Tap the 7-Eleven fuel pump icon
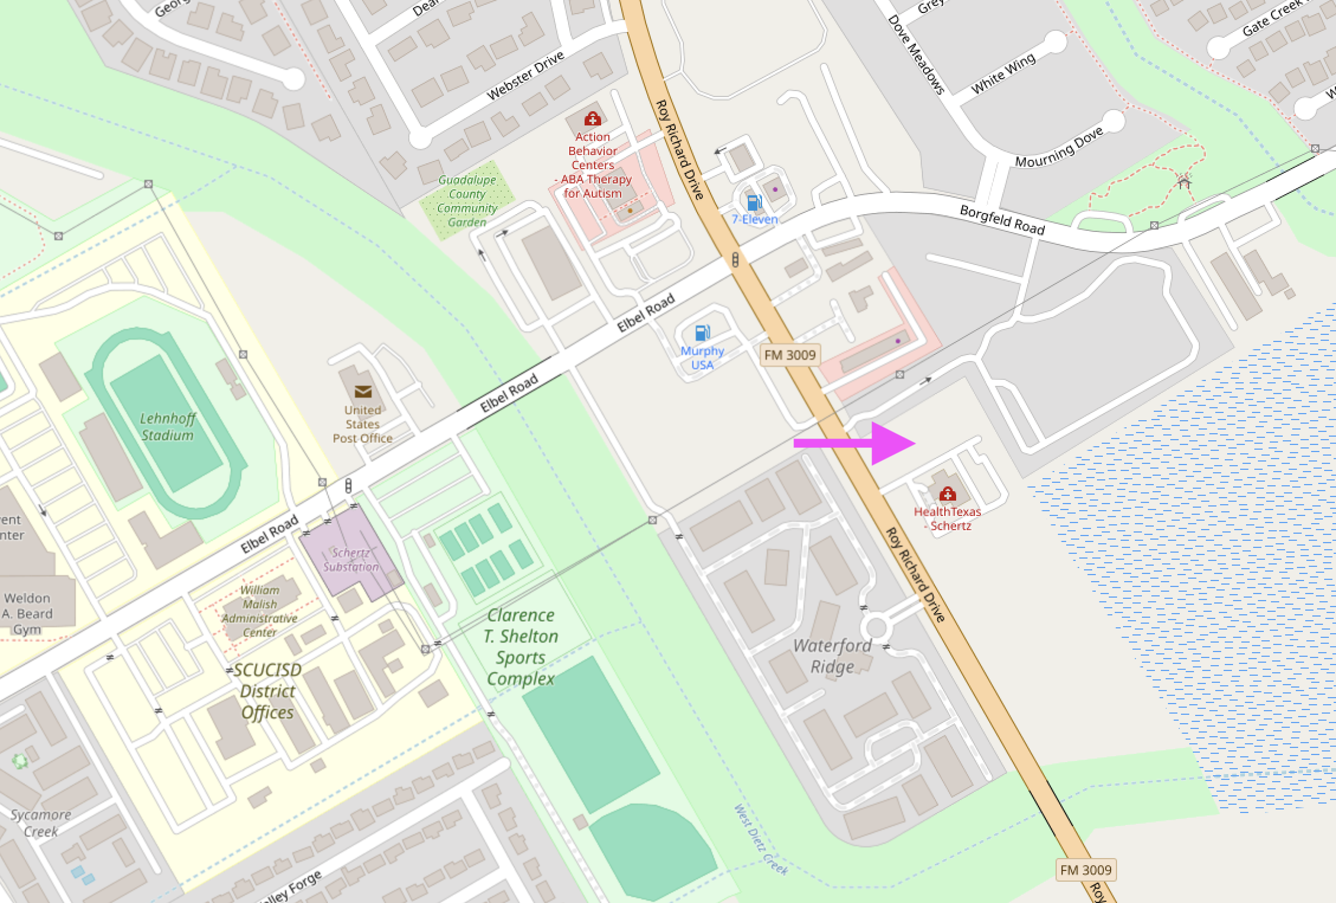click(x=754, y=203)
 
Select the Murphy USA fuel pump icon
click(x=702, y=333)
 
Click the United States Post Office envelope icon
click(x=363, y=392)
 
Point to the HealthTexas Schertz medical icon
click(x=947, y=494)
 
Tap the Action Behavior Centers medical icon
click(x=592, y=120)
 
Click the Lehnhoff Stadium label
click(x=167, y=427)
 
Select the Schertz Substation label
click(x=351, y=560)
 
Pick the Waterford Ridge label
click(x=832, y=656)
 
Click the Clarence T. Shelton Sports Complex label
click(x=521, y=647)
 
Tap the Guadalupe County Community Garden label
click(x=467, y=201)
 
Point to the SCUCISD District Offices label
click(x=268, y=691)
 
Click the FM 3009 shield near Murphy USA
click(x=790, y=355)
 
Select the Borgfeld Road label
click(x=1002, y=220)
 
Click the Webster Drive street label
click(x=525, y=76)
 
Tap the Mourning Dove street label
click(x=1059, y=147)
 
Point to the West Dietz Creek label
click(x=761, y=839)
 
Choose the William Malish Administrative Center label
click(x=260, y=611)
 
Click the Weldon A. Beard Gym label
click(x=27, y=614)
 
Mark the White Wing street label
click(x=1003, y=73)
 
